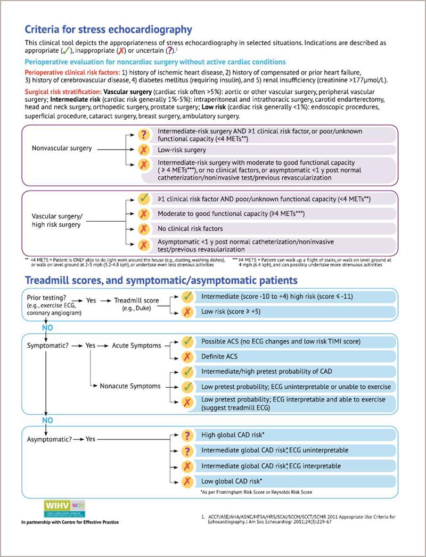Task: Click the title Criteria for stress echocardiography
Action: click(109, 29)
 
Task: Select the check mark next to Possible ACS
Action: click(187, 341)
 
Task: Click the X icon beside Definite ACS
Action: click(187, 356)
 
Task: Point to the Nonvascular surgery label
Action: click(62, 149)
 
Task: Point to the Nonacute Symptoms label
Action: click(129, 386)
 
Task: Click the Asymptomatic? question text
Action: click(48, 439)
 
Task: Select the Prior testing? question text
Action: click(47, 296)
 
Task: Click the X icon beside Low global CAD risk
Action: click(187, 481)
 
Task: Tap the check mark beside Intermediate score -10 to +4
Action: click(187, 296)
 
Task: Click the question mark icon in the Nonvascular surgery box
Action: click(143, 135)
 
